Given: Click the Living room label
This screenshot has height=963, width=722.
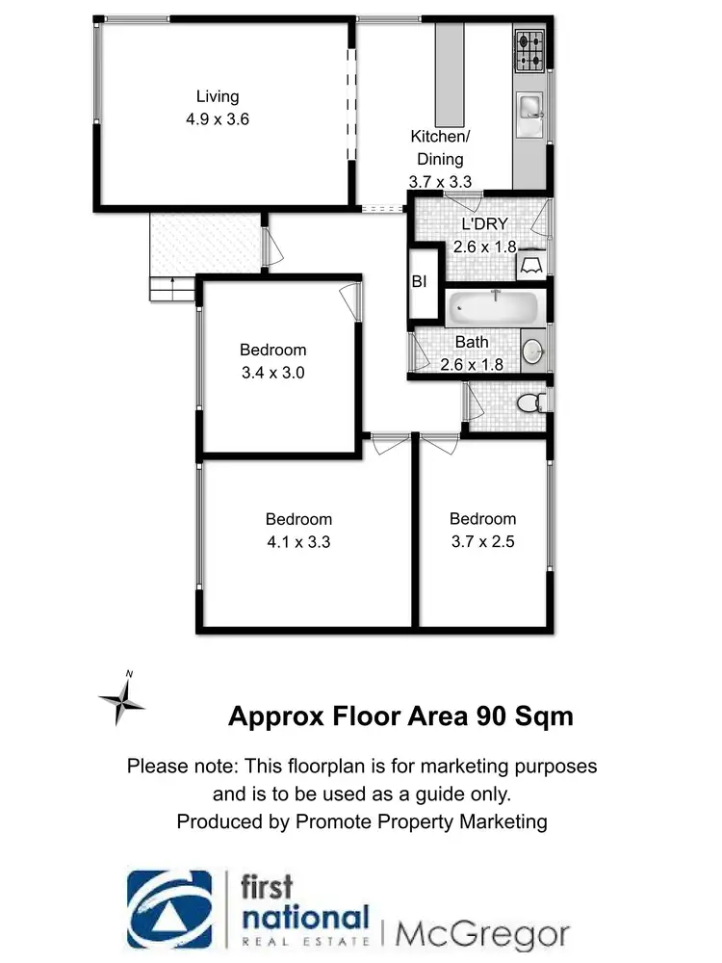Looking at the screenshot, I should [218, 96].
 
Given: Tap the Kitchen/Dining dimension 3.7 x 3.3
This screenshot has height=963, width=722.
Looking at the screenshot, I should [437, 180].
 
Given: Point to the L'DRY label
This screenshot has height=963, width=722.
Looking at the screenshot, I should [485, 224].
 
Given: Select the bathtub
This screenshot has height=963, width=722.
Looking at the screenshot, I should [494, 307].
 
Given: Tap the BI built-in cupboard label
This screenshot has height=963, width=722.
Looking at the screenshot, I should [420, 282].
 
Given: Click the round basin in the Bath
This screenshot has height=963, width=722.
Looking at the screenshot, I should [533, 351].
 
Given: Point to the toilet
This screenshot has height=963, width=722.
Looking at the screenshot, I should [530, 403].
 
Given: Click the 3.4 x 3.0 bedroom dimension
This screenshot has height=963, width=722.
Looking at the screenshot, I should [272, 373].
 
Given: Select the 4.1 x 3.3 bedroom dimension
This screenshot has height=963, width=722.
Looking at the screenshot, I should [299, 541].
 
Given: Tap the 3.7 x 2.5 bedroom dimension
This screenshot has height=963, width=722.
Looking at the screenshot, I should [483, 541].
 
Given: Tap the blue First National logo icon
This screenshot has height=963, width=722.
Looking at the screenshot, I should [169, 911].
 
